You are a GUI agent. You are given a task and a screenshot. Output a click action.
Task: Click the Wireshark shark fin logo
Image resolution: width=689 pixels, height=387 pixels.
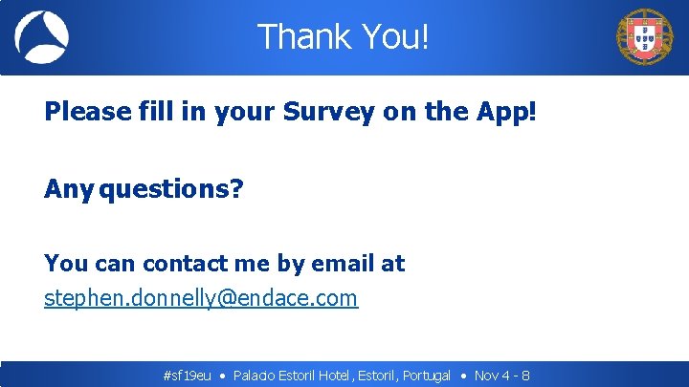pos(41,37)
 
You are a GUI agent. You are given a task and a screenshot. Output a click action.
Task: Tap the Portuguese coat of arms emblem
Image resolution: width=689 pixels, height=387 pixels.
pos(644,37)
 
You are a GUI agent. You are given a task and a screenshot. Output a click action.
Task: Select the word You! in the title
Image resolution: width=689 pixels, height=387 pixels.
pos(394,37)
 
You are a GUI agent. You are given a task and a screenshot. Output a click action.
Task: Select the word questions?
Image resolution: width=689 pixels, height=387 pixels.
pos(171,189)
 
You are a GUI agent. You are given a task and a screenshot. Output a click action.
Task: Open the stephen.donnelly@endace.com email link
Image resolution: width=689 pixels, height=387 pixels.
pos(201,298)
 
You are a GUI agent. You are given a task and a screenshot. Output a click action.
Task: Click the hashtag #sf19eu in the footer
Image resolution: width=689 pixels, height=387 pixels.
pos(188,376)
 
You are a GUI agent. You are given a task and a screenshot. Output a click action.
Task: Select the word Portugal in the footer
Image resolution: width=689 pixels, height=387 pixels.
pos(427,376)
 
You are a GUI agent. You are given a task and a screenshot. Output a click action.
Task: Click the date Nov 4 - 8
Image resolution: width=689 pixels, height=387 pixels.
pos(502,376)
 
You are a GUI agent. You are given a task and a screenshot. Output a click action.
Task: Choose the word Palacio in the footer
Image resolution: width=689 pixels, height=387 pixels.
pos(255,376)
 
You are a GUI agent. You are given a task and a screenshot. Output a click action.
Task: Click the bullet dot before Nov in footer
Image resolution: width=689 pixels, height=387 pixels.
pos(463,376)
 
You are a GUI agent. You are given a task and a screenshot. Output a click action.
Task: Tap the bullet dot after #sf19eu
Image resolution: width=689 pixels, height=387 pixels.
pos(222,376)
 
